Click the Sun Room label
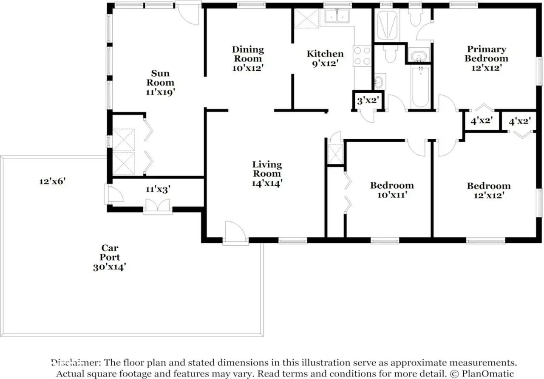click(160, 78)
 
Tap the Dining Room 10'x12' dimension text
click(248, 68)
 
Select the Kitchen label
click(325, 54)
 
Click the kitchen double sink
click(337, 16)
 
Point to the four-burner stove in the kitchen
click(362, 56)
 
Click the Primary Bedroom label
click(487, 54)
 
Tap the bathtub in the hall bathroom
click(421, 87)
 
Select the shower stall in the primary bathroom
click(387, 25)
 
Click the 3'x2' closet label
click(368, 100)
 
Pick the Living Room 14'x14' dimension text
click(267, 183)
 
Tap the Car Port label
click(110, 253)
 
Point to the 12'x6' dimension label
click(52, 181)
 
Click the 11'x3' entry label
click(158, 189)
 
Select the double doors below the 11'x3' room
click(158, 205)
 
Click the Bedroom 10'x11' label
click(392, 190)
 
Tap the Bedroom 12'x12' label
click(489, 190)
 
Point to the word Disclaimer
click(76, 362)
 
